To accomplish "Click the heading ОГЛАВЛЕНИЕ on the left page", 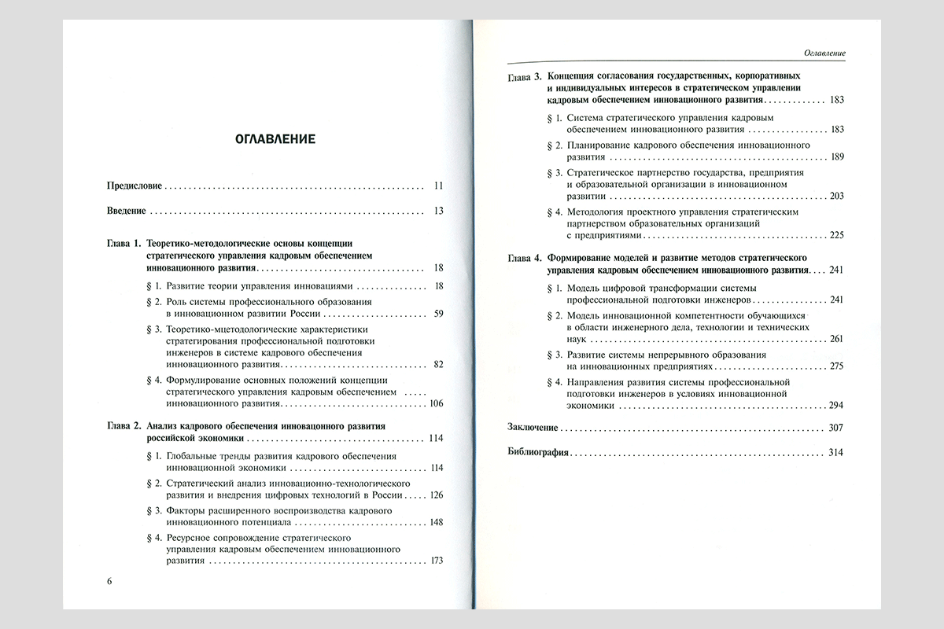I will click(x=275, y=140).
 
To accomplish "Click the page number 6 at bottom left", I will click(x=110, y=581).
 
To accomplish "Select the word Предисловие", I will click(x=134, y=186).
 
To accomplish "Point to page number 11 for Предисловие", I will click(x=438, y=186).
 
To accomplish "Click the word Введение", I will click(x=126, y=211).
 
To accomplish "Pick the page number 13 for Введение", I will click(x=438, y=211).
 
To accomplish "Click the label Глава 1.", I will click(x=124, y=245).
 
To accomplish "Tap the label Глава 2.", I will click(x=124, y=426).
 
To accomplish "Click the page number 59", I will click(x=438, y=314).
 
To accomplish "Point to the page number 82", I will click(x=438, y=365).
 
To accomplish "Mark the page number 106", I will click(x=436, y=403).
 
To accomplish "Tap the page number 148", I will click(x=436, y=522).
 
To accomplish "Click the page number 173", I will click(x=436, y=561).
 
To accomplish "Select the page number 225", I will click(x=836, y=235).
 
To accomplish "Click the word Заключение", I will click(x=533, y=428).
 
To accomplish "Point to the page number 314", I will click(x=836, y=454).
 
